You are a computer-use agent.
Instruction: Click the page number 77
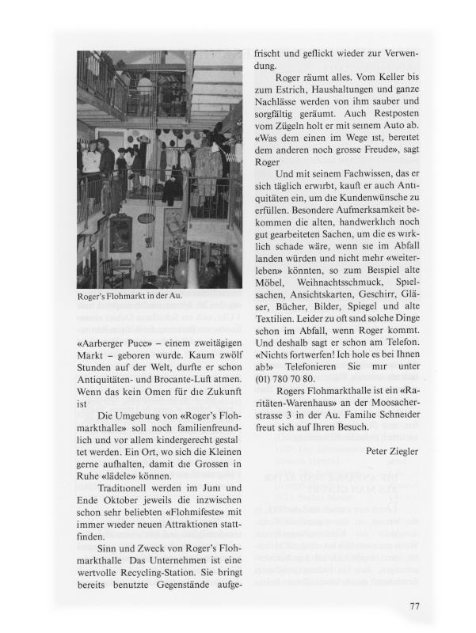(x=415, y=606)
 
